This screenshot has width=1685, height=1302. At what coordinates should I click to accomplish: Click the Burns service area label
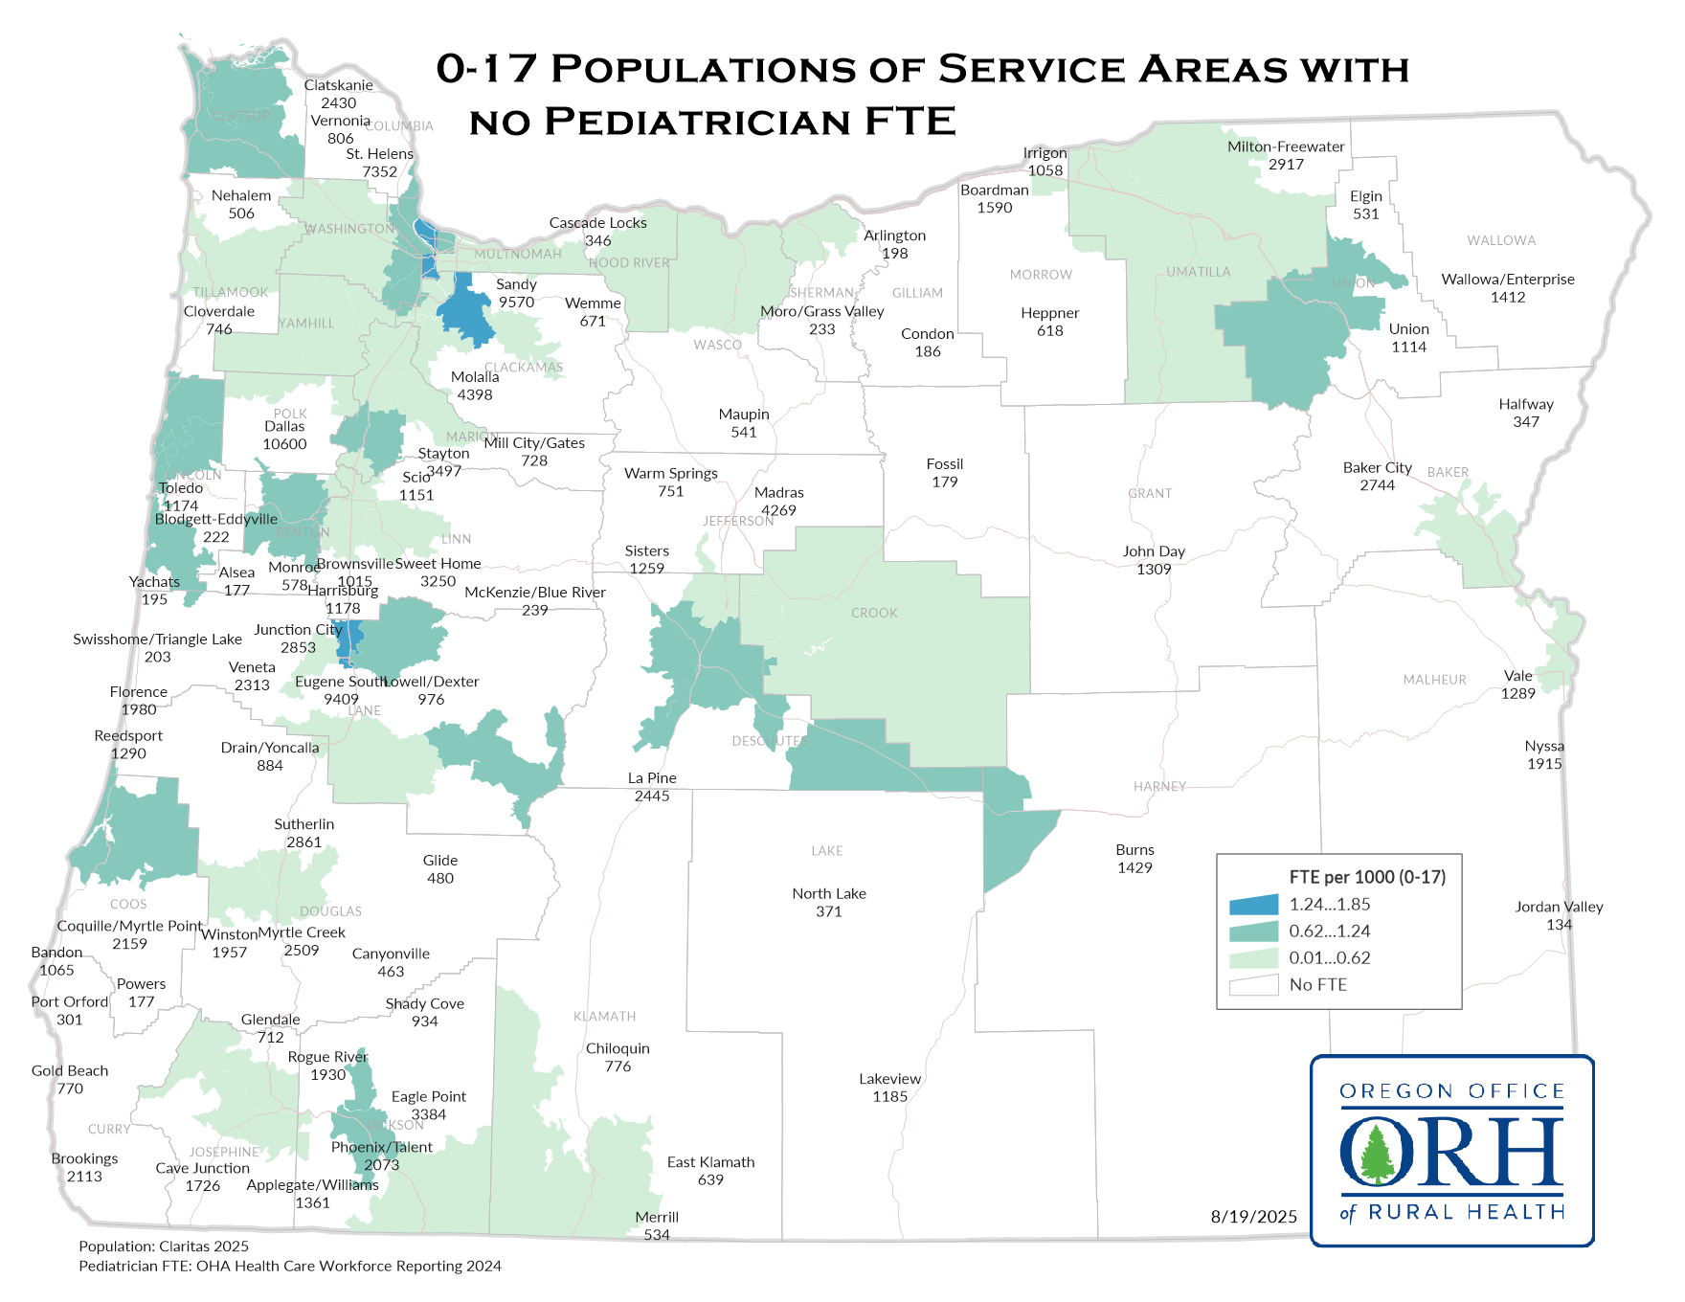(1135, 850)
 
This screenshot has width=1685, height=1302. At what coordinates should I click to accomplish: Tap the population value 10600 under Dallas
(284, 444)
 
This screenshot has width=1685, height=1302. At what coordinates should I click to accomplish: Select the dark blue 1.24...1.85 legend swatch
(1253, 905)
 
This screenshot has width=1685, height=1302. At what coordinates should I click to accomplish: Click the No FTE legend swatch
(1253, 985)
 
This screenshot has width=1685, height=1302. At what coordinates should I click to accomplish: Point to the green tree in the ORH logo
(1376, 1154)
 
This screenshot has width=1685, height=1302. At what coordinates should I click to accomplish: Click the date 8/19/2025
(1253, 1217)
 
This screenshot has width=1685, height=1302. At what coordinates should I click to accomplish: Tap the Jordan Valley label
(1559, 907)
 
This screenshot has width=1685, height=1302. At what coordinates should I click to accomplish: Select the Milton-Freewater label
(1286, 146)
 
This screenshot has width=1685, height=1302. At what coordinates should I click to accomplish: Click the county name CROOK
(874, 613)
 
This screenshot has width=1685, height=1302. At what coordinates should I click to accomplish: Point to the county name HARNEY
(1159, 786)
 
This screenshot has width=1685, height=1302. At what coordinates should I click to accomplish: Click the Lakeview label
(889, 1079)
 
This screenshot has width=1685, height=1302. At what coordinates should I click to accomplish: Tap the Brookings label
(84, 1158)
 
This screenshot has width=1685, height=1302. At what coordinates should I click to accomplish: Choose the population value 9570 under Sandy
(516, 303)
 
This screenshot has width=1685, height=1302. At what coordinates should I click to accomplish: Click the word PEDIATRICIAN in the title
(698, 123)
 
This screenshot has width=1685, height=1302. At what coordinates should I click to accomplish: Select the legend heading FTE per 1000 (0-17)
(1367, 877)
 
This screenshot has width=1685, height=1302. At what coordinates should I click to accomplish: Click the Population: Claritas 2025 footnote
(164, 1246)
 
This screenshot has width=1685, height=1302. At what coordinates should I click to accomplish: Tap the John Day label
(1154, 551)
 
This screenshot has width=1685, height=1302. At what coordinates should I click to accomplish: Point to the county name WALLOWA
(1500, 240)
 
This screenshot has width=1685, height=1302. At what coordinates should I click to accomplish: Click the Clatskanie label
(338, 85)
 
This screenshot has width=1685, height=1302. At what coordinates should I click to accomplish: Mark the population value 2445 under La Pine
(651, 797)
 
